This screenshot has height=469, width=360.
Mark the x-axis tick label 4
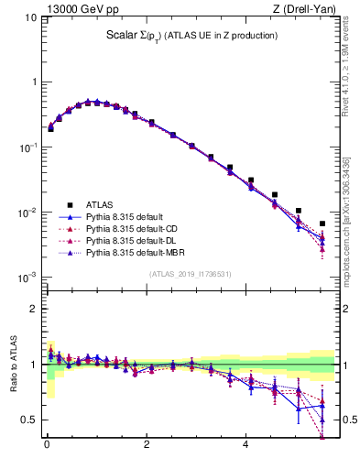[245, 450]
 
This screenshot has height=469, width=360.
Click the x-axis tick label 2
[147, 450]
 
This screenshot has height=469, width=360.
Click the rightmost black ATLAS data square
[322, 224]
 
